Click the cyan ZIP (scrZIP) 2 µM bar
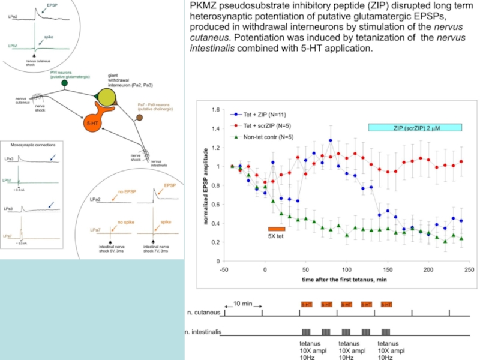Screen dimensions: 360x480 [x=415, y=127]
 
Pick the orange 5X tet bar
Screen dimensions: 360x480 [x=276, y=229]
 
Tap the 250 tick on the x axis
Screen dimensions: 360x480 [x=469, y=270]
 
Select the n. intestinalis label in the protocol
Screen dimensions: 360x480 [x=203, y=331]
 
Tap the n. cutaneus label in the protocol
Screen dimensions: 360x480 [x=202, y=313]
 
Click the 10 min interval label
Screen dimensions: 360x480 [x=243, y=304]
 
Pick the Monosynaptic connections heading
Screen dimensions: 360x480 [x=38, y=145]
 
